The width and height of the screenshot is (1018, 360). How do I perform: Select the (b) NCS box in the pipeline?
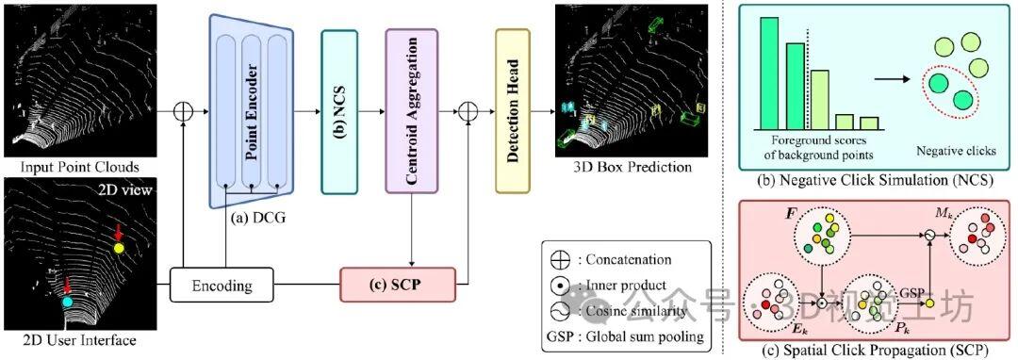(339, 111)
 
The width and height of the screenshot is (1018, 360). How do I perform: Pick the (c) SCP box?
(397, 283)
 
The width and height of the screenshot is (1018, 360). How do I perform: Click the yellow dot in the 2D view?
(119, 249)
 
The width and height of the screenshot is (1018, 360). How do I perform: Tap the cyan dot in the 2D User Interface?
(67, 303)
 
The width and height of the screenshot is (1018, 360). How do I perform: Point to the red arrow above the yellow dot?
(118, 232)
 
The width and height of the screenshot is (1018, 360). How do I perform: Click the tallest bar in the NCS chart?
(769, 74)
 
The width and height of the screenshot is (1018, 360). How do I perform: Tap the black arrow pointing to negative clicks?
(894, 80)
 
